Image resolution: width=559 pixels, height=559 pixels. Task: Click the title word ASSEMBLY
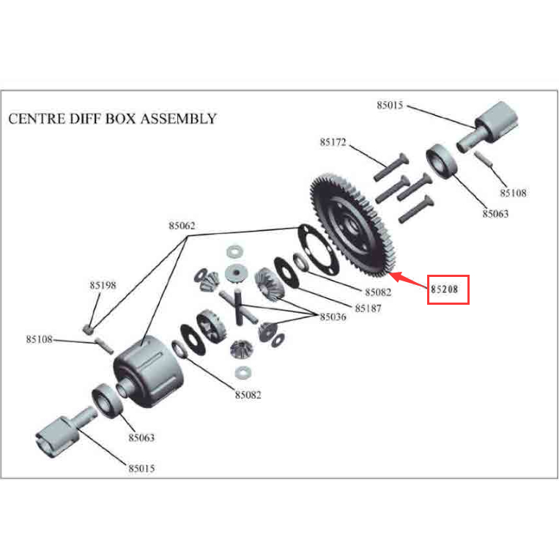pos(178,119)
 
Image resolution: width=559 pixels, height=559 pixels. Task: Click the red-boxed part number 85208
pos(444,289)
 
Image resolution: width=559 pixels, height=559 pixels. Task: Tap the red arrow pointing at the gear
pos(407,280)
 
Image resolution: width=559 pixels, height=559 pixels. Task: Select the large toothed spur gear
pos(352,226)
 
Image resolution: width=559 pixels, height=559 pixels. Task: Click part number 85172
pos(333,142)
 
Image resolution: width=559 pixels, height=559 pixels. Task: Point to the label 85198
pos(103,285)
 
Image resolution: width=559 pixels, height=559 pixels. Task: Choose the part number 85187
pos(368,308)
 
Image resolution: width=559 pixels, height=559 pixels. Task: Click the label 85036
pos(333,316)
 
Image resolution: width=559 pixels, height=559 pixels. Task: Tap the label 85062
pos(182,226)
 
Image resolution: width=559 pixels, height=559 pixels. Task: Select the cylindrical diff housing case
pos(148,371)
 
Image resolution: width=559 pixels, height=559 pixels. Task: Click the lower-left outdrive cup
pos(66,432)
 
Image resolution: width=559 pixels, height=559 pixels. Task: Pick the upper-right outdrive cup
pos(487,127)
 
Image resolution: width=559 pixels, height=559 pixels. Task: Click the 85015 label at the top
pos(390,105)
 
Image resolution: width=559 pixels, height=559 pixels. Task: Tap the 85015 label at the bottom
pos(141,468)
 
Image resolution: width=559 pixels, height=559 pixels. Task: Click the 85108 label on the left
pos(40,339)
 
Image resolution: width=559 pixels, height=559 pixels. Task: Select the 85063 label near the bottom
pos(141,437)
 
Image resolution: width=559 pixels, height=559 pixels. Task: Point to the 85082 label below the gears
pos(248,395)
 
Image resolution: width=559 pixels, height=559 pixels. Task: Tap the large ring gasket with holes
pos(318,250)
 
